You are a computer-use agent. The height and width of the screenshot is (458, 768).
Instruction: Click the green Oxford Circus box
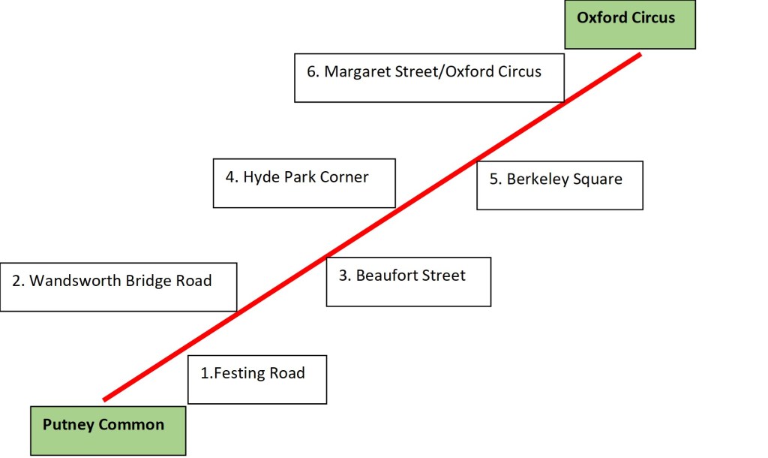pyautogui.click(x=630, y=25)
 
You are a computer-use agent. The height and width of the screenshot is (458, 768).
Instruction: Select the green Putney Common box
pyautogui.click(x=107, y=430)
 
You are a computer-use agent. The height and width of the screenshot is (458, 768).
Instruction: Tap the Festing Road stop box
pyautogui.click(x=257, y=379)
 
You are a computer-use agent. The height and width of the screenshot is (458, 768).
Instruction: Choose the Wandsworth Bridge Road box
pyautogui.click(x=118, y=287)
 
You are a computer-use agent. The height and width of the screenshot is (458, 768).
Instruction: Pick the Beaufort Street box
pyautogui.click(x=408, y=282)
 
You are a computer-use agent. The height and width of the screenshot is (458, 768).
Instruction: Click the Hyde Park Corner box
pyautogui.click(x=304, y=182)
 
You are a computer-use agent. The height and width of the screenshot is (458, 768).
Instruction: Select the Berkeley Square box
pyautogui.click(x=559, y=185)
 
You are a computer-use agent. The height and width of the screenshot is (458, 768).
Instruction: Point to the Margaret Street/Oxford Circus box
pyautogui.click(x=428, y=77)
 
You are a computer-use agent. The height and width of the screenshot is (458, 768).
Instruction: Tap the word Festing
pyautogui.click(x=238, y=373)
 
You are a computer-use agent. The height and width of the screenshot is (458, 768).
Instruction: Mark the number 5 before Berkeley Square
pyautogui.click(x=493, y=179)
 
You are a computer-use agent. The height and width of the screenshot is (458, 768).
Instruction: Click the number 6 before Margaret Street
pyautogui.click(x=311, y=72)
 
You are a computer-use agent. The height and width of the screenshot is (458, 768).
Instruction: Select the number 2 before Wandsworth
pyautogui.click(x=16, y=281)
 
